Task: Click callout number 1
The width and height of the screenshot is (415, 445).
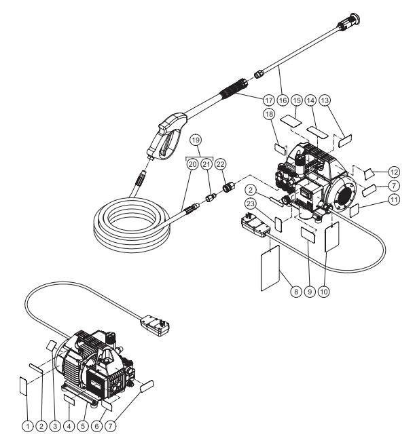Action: pos(27,425)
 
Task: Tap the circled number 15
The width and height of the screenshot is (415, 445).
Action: pos(297,100)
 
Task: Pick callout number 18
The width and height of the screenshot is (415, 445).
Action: pos(270,116)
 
